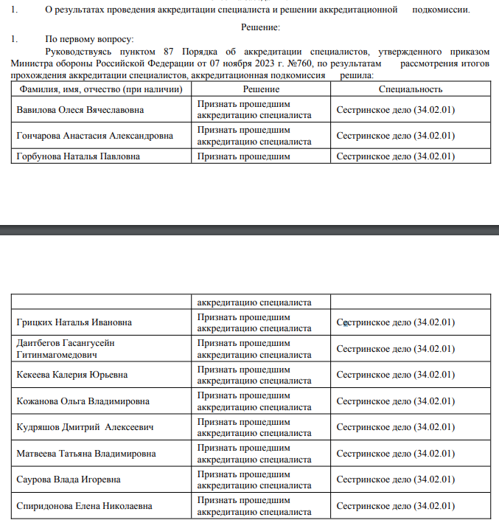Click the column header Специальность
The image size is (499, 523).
(411, 89)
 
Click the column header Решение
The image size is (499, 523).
(261, 89)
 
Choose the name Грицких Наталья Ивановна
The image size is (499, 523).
(74, 323)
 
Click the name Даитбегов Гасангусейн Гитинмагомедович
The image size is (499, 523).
(66, 349)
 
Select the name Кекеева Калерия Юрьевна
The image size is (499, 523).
(71, 375)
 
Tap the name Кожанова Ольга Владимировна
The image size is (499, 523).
(83, 401)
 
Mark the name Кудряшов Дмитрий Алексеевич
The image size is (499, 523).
(85, 427)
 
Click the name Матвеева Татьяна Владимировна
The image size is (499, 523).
(86, 454)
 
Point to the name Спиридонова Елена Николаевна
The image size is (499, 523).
(84, 506)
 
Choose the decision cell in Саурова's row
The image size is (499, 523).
(254, 479)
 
